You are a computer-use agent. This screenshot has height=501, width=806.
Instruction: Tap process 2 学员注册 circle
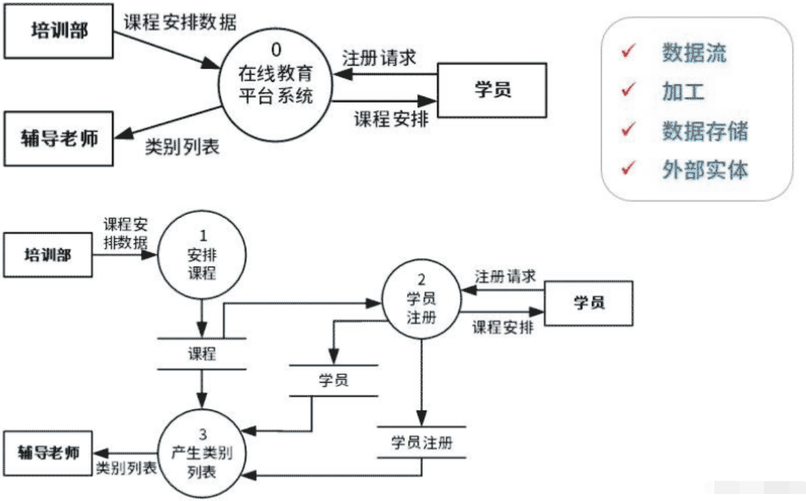(421, 299)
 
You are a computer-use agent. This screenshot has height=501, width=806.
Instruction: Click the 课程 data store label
(201, 353)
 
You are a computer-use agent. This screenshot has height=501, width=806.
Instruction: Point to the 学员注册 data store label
(421, 443)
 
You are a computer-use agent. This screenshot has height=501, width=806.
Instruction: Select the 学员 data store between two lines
(334, 381)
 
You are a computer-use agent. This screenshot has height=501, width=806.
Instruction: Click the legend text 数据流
(694, 53)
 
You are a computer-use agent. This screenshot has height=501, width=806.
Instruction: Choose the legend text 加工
(683, 92)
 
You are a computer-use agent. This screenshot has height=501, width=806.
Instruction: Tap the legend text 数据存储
(705, 131)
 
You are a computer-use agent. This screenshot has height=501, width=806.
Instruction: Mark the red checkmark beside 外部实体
(628, 169)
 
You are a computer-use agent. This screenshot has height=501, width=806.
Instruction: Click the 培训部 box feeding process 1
(48, 255)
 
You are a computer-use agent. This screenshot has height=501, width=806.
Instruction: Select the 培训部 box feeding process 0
(59, 31)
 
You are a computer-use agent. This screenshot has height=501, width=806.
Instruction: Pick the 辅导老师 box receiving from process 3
(48, 453)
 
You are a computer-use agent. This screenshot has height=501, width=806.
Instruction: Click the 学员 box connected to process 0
(492, 90)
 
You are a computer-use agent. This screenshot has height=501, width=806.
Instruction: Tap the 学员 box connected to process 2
(588, 303)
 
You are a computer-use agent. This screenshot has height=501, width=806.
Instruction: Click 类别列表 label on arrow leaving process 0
(182, 147)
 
